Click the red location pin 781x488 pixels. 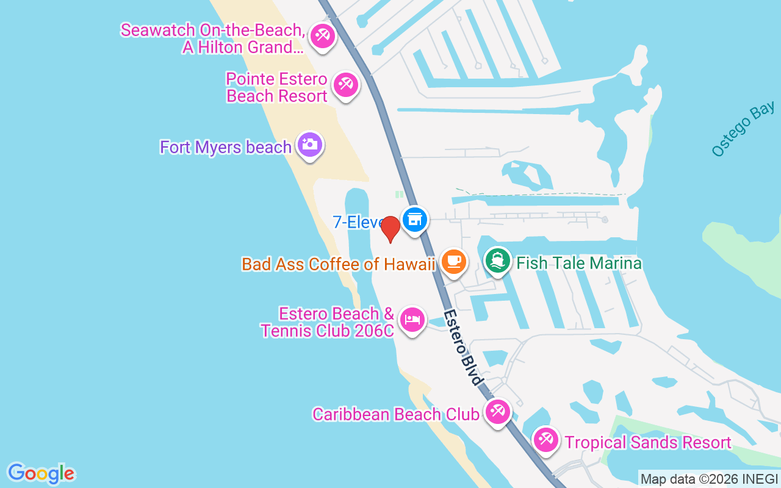click(x=390, y=229)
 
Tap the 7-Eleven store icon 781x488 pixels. click(x=415, y=218)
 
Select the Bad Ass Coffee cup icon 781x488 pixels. click(x=453, y=261)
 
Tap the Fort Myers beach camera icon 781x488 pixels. click(x=310, y=145)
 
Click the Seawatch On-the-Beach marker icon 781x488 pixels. click(x=322, y=35)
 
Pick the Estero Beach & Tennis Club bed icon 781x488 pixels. click(x=412, y=319)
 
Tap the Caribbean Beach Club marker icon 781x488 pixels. click(x=497, y=412)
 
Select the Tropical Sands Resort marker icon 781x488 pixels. click(x=545, y=440)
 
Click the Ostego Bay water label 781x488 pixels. click(x=743, y=129)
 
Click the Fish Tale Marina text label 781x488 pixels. click(x=579, y=263)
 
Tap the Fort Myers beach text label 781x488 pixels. click(x=226, y=147)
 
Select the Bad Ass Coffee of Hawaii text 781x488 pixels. click(x=339, y=264)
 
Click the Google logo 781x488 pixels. click(x=41, y=473)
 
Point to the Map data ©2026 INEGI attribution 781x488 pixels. click(x=709, y=479)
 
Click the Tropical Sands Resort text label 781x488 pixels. click(x=648, y=442)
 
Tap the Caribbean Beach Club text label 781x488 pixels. click(x=395, y=414)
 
